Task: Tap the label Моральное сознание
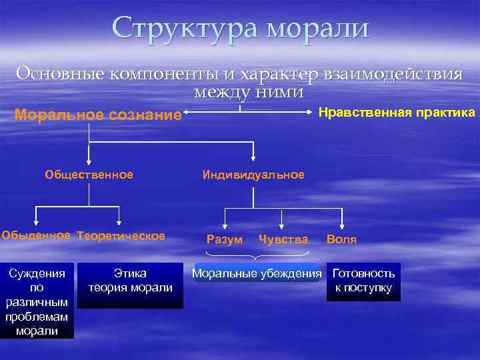98,115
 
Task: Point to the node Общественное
89,175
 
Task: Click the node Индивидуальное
253,175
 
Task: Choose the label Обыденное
36,235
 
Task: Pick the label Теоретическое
121,235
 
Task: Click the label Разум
225,239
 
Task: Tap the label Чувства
283,239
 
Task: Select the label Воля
341,239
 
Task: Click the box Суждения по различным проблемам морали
37,301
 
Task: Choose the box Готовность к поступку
363,281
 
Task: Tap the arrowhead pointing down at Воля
342,225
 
